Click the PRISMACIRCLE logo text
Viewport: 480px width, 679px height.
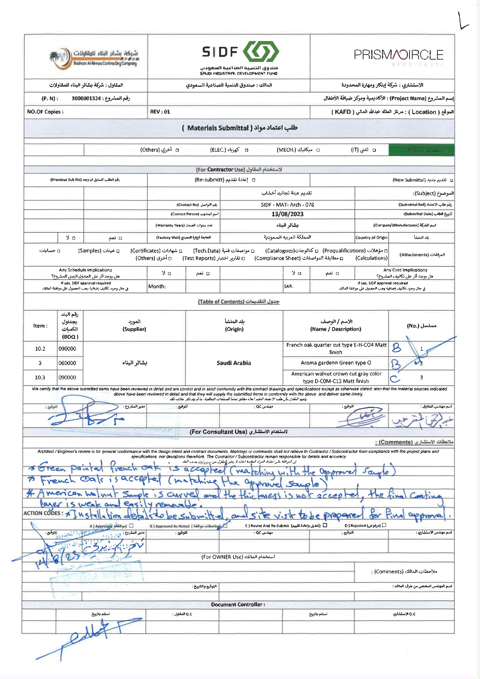tap(398, 55)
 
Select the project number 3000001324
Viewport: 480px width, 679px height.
tap(86, 98)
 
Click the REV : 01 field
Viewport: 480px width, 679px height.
tap(160, 112)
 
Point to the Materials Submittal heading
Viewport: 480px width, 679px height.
tap(240, 128)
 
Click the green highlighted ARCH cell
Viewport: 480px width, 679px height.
tap(421, 150)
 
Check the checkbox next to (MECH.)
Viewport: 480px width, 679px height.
tap(318, 150)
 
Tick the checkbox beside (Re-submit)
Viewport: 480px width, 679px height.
tap(254, 180)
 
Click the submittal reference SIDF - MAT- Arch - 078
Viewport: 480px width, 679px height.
tap(287, 205)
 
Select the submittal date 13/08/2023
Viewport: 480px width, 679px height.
tap(287, 214)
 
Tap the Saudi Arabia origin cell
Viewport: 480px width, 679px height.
tap(234, 363)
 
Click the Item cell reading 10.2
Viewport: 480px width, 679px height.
tap(40, 349)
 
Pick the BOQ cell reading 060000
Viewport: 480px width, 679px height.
tap(67, 363)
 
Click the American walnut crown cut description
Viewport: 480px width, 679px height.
tap(336, 377)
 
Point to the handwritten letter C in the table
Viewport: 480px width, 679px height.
tap(395, 378)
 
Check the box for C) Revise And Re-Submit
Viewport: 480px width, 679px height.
tap(325, 525)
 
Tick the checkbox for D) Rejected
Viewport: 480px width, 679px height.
tap(384, 525)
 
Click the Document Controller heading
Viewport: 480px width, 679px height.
tap(238, 605)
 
